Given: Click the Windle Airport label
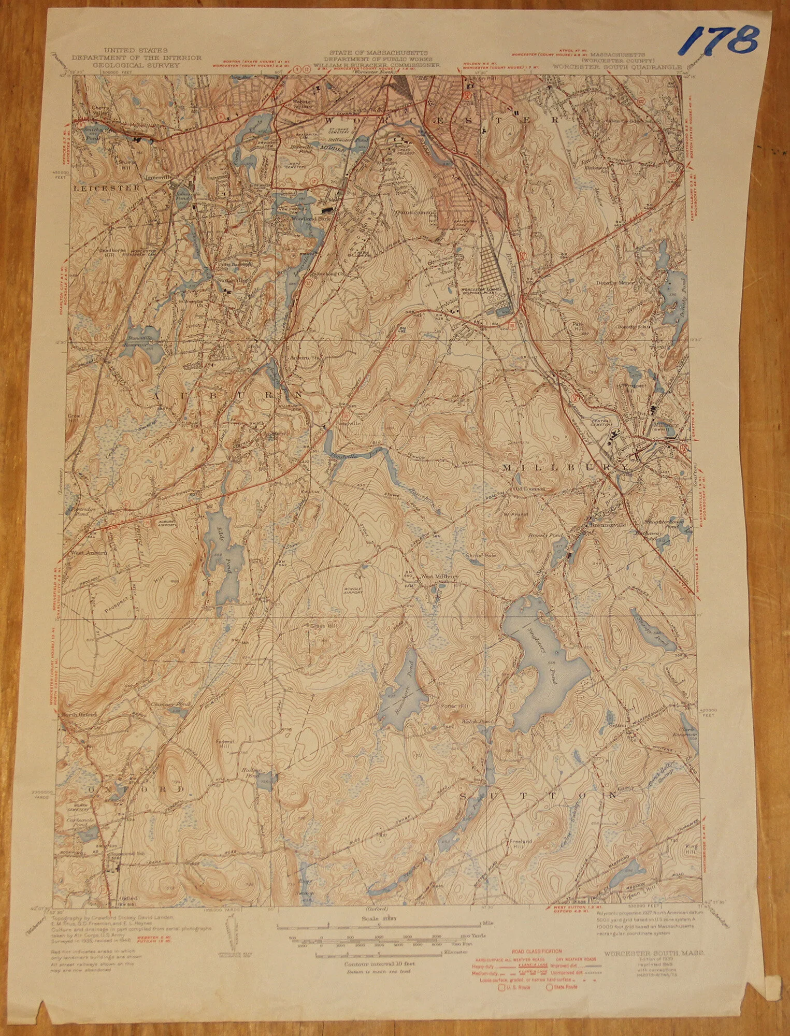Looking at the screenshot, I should coord(352,589).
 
